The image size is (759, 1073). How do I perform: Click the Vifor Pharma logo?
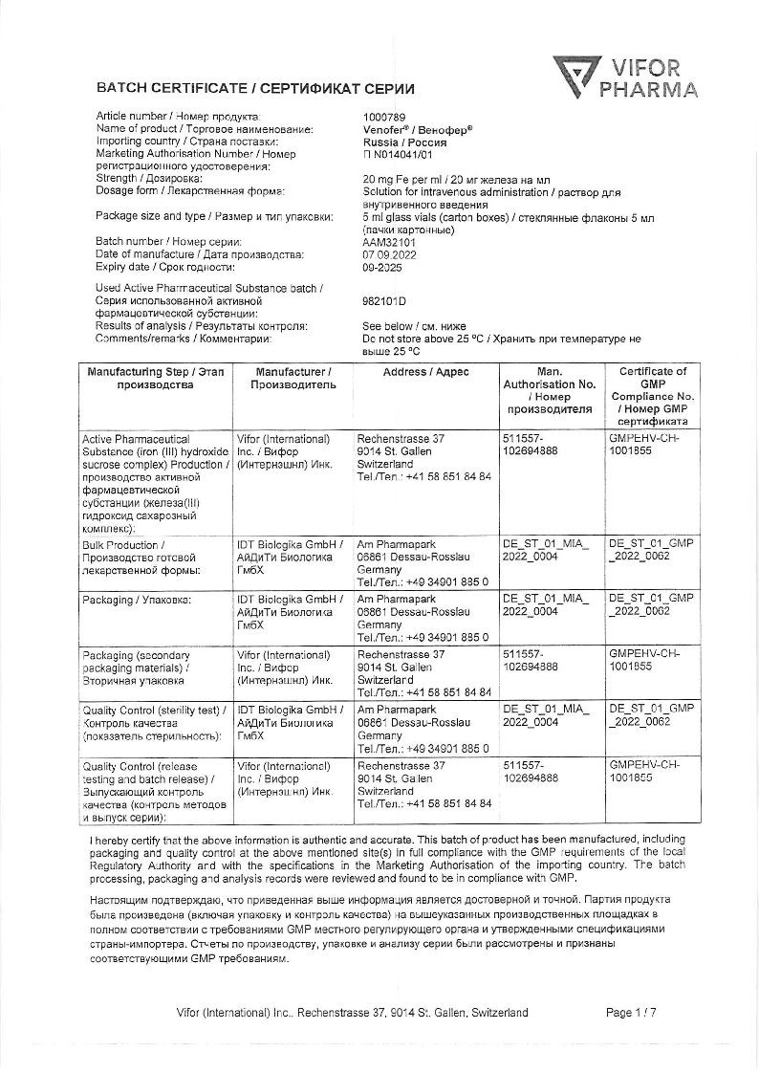click(626, 77)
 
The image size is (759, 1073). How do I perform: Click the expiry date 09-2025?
click(381, 268)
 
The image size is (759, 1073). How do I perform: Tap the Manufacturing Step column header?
click(155, 378)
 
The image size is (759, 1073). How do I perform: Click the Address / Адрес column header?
click(425, 372)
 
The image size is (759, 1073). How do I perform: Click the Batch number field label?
click(168, 243)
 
